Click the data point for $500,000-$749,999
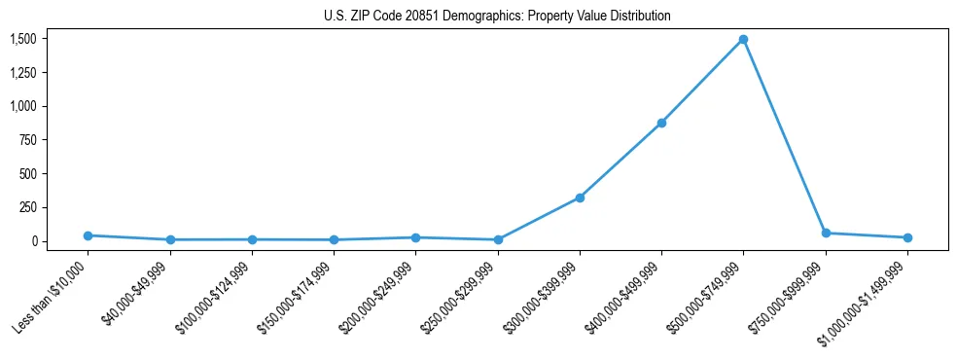[x=743, y=40]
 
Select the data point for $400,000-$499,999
[x=661, y=124]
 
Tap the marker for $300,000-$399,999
[x=580, y=198]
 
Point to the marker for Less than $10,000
[x=88, y=235]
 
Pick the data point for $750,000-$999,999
[x=826, y=234]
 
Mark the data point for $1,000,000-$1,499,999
[x=907, y=237]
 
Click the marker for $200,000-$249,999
[x=415, y=237]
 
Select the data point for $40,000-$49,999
[x=170, y=239]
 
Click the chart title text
[x=497, y=17]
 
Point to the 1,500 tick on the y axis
[x=23, y=39]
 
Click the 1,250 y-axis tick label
[x=23, y=73]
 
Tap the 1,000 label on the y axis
[x=23, y=106]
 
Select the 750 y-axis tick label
[x=28, y=140]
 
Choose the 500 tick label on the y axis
[x=28, y=174]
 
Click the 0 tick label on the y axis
[x=34, y=241]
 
